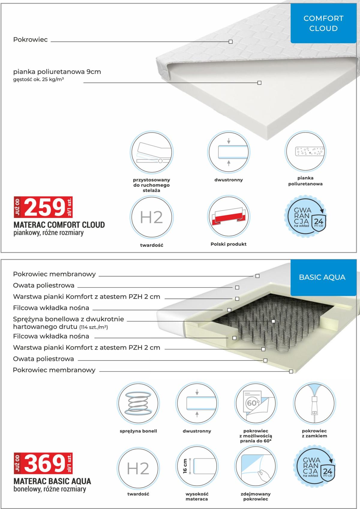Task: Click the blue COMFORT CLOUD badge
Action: tap(323, 23)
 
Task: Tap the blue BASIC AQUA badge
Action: tap(322, 277)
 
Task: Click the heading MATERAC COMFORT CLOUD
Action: tap(59, 225)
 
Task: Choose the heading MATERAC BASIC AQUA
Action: tap(52, 481)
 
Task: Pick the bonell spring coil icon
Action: tap(137, 403)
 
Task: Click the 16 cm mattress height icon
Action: tap(196, 468)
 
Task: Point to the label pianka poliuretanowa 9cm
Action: tap(57, 72)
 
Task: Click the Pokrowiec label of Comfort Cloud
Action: tap(30, 40)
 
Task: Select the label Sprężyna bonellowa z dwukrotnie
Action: tap(68, 319)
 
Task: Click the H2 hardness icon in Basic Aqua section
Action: tap(138, 468)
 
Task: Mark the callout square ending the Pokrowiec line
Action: tap(230, 42)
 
